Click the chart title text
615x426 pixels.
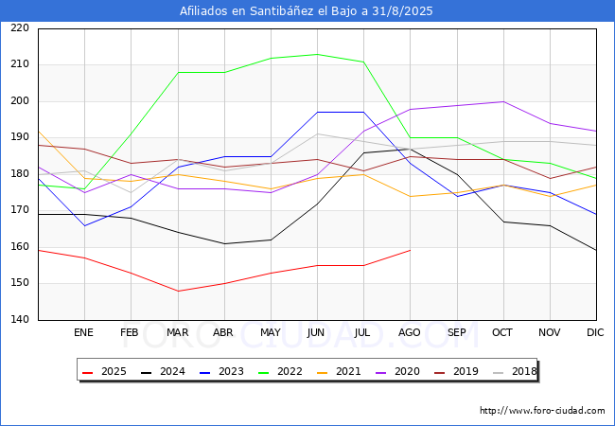[x=307, y=11]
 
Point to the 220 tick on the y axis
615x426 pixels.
[x=19, y=28]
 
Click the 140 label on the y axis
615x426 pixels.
[x=19, y=320]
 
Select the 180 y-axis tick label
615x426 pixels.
[x=19, y=174]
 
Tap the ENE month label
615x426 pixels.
[x=84, y=333]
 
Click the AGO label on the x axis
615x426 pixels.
[x=410, y=333]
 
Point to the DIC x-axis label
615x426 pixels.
[x=595, y=333]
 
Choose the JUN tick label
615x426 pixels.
[x=317, y=333]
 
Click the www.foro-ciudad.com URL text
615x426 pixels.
[x=542, y=411]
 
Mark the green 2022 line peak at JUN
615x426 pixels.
[x=317, y=54]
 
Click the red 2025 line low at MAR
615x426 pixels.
[x=177, y=291]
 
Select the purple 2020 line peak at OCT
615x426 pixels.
[x=502, y=101]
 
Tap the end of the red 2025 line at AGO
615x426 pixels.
[x=410, y=250]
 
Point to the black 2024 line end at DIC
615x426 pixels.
[x=595, y=250]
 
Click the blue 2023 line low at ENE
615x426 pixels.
[x=84, y=225]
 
